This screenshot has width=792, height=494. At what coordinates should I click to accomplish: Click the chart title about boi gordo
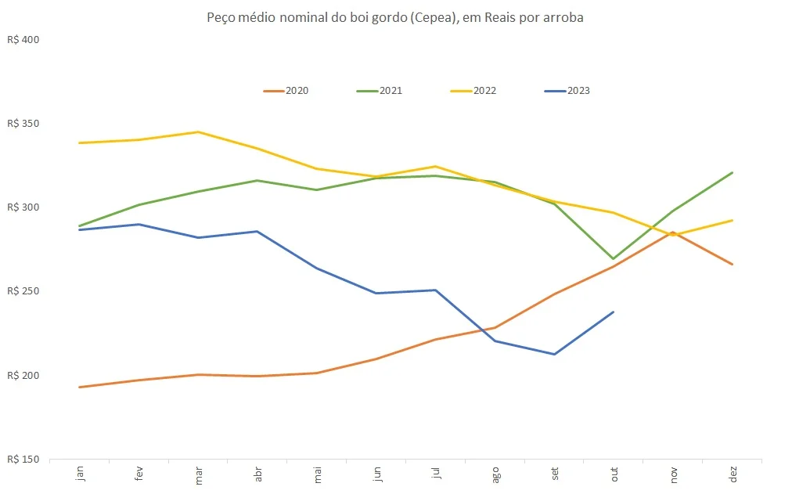point(395,17)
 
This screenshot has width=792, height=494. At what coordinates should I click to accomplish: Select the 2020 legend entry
point(286,91)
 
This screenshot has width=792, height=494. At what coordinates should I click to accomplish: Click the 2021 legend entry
point(380,91)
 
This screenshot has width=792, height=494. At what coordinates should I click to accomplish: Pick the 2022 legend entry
point(474,91)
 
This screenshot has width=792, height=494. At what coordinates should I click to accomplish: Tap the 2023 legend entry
point(568,91)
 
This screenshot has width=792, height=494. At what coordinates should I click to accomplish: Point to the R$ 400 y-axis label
point(23,40)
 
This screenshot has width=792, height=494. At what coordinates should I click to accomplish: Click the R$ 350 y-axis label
point(23,124)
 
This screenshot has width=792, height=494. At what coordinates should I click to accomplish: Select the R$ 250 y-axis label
point(23,291)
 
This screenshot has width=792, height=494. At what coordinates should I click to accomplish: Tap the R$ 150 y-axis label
point(23,459)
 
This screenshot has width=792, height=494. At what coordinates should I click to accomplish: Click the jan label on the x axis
point(80,475)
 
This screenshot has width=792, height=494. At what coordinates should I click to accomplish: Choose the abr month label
point(257,475)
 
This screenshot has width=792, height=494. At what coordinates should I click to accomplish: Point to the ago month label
point(495,475)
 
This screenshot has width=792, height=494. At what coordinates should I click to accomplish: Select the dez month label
point(733,475)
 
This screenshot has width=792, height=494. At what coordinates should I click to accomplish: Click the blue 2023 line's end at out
point(614,312)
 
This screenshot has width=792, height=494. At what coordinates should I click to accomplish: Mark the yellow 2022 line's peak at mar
point(199,132)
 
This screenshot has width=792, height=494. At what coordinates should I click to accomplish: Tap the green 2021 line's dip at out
point(614,258)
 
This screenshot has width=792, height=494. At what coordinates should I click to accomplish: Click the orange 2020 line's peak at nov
point(672,232)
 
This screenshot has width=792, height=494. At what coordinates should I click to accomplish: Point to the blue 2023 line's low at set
point(554,354)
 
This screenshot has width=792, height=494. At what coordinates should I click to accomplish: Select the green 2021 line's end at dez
point(733,172)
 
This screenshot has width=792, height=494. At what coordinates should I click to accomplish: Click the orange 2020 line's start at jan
point(80,387)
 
